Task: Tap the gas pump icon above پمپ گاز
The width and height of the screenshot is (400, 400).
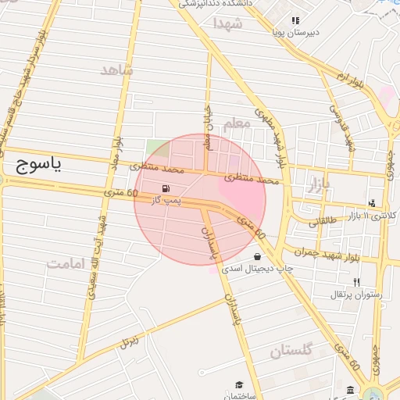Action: [166, 189]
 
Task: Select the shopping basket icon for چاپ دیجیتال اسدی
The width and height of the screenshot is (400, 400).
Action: [257, 256]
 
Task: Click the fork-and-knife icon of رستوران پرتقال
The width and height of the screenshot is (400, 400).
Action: [357, 282]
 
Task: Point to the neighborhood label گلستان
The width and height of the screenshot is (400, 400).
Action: [291, 352]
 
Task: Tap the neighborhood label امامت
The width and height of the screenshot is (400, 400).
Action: [65, 263]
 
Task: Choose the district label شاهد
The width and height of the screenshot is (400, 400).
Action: [117, 70]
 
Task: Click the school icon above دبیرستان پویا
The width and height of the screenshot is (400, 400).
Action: [295, 20]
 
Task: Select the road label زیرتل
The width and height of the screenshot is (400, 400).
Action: [129, 341]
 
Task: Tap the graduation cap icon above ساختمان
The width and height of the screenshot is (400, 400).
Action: [238, 384]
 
